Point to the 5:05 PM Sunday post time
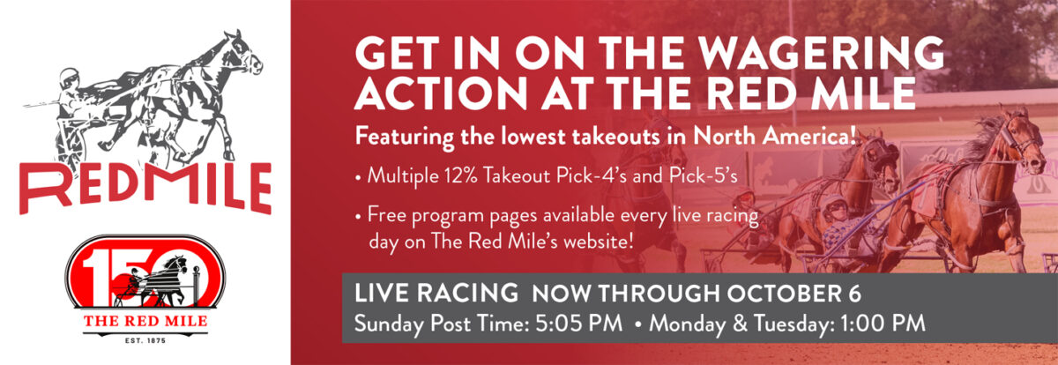pyautogui.click(x=578, y=324)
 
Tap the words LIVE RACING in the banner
pyautogui.click(x=436, y=294)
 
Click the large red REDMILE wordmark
pyautogui.click(x=145, y=188)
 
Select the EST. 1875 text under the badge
pyautogui.click(x=145, y=340)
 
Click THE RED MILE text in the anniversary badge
pyautogui.click(x=145, y=322)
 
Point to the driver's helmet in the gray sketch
pyautogui.click(x=69, y=78)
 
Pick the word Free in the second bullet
pyautogui.click(x=388, y=215)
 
